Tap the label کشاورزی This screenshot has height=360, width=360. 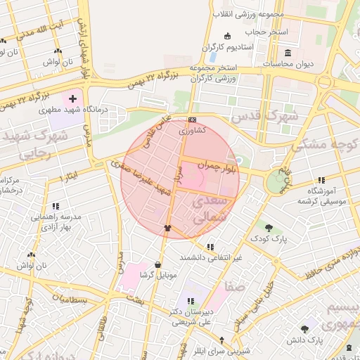coord(191,131)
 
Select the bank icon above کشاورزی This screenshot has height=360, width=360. coord(193,120)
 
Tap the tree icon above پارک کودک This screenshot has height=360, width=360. coord(269,226)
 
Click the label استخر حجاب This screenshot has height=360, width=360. coord(262,32)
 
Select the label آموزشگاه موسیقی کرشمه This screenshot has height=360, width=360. coord(321,195)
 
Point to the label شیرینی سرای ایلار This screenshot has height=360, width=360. coord(221,351)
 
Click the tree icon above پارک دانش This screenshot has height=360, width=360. coord(304,328)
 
